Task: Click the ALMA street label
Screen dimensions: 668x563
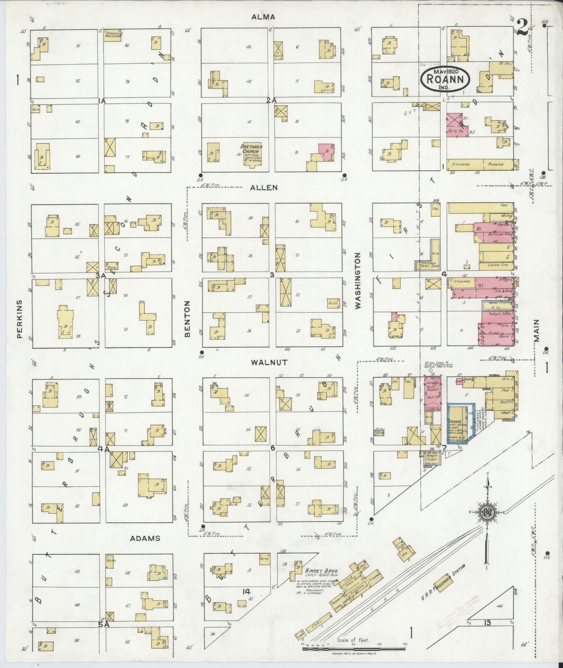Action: click(x=263, y=17)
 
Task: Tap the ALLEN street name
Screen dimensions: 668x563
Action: click(x=264, y=188)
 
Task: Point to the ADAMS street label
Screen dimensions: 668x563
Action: click(x=145, y=538)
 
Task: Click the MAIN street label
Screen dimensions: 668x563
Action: click(x=537, y=330)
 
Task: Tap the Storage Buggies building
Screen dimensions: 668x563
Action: click(x=482, y=164)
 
